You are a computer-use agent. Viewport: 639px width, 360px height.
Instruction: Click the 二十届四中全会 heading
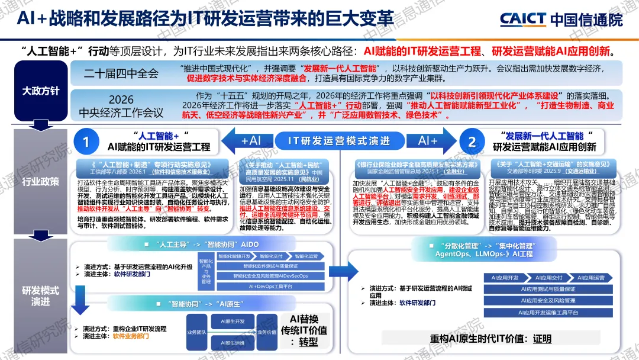[x=121, y=73]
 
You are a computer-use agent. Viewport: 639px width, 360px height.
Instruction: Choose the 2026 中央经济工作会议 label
[x=121, y=105]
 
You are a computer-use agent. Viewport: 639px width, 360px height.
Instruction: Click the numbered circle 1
[x=86, y=142]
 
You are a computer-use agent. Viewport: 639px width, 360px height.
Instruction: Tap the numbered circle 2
[x=472, y=142]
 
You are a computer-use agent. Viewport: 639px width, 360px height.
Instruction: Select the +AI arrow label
[x=251, y=141]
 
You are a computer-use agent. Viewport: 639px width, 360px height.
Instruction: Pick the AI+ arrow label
[x=427, y=141]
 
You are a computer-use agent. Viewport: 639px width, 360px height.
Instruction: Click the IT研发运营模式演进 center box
[x=339, y=141]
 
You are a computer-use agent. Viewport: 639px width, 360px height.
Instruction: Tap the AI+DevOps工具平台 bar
[x=270, y=286]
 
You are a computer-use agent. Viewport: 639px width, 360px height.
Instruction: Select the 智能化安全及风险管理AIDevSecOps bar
[x=270, y=276]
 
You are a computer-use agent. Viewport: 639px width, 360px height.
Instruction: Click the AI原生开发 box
[x=232, y=322]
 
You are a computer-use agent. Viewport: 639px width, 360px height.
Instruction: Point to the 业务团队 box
[x=195, y=332]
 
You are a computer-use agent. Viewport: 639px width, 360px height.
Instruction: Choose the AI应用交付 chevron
[x=548, y=278]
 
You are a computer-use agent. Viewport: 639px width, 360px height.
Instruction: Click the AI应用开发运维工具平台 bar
[x=547, y=312]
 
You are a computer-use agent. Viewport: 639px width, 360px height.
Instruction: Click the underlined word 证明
[x=541, y=340]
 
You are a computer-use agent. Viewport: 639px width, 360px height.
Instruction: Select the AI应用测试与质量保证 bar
[x=547, y=290]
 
